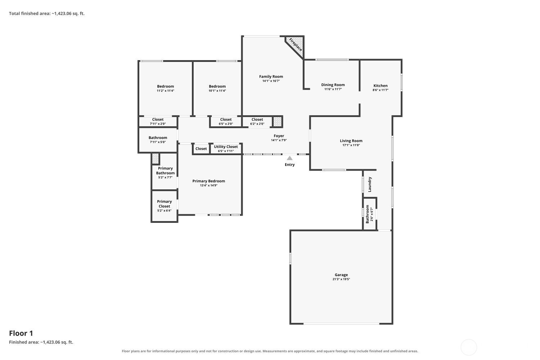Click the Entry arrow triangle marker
point(289,158)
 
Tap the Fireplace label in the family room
point(296,45)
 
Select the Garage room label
point(341,275)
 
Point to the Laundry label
point(370,184)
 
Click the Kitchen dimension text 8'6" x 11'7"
point(381,90)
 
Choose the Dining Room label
point(333,85)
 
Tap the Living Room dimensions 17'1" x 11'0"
point(351,145)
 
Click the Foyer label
point(279,136)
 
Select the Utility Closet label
point(226,147)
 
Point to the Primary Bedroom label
point(208,181)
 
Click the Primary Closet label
point(164,204)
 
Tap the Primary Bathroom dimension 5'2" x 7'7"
point(165,177)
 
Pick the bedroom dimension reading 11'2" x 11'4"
point(165,91)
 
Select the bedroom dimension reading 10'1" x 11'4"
point(217,91)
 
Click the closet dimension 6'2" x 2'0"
point(257,124)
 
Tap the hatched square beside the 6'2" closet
point(278,122)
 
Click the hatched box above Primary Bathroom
point(155,159)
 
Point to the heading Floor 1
point(21,333)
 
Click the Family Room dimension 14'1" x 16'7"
point(271,81)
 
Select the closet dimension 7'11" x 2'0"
point(158,124)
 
